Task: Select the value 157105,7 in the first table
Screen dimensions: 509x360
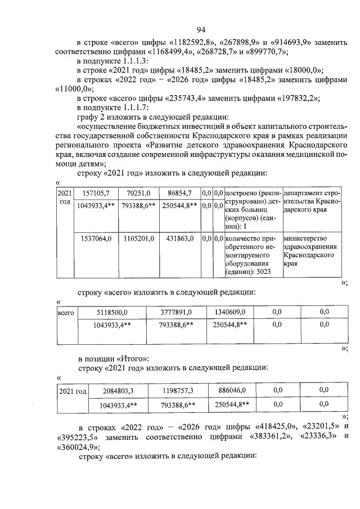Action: click(x=93, y=193)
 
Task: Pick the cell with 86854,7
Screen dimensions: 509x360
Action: click(x=179, y=193)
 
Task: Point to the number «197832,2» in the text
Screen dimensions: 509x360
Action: click(x=296, y=98)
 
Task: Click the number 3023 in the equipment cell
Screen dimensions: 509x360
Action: click(x=262, y=272)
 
